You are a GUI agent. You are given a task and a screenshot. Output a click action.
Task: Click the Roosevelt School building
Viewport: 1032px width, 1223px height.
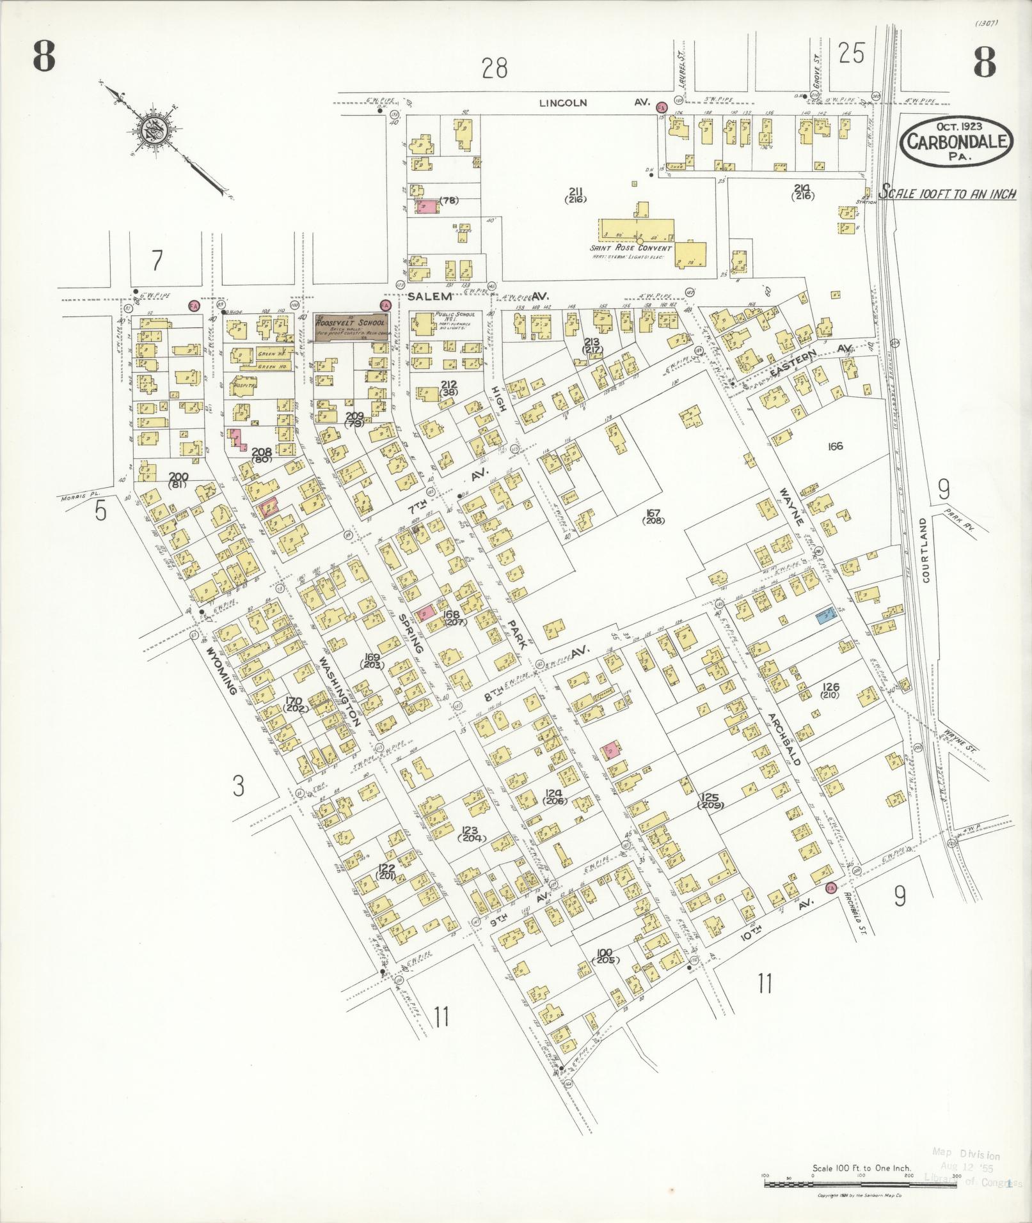[350, 329]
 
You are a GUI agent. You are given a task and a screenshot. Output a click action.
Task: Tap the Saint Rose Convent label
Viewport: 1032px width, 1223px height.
[631, 248]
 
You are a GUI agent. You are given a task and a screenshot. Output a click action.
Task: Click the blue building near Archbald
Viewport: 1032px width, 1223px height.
[826, 615]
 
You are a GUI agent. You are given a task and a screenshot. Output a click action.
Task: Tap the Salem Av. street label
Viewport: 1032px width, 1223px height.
[473, 297]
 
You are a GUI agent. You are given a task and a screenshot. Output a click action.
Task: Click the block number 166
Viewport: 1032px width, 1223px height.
[835, 446]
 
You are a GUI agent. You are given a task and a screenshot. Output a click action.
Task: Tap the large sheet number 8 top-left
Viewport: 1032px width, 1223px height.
[44, 59]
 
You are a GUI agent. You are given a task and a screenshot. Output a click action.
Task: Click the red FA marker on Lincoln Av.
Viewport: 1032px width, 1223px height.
[662, 108]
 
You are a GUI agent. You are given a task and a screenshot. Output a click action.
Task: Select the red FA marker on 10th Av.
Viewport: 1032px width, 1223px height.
[830, 889]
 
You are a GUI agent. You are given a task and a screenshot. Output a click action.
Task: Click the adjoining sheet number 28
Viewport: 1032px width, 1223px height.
[495, 68]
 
